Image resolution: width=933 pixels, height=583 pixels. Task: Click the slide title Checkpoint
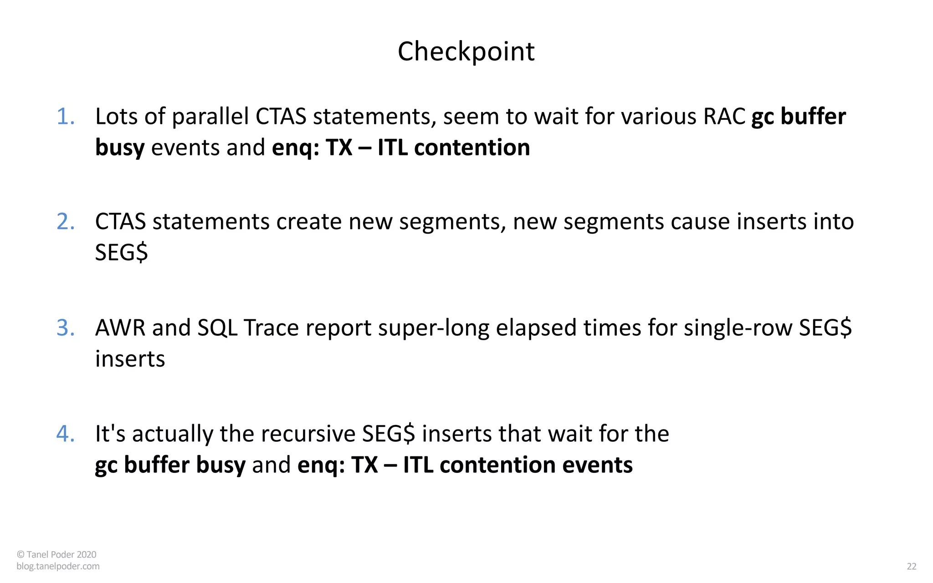[x=466, y=51]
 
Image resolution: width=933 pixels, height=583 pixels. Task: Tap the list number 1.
[x=65, y=117]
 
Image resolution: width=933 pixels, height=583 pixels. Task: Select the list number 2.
[x=65, y=222]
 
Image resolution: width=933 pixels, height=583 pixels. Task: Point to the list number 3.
[x=65, y=328]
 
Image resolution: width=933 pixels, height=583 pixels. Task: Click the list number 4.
[x=65, y=434]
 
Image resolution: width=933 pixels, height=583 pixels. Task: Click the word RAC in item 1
[x=724, y=117]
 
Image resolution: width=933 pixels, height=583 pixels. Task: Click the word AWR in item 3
[x=120, y=328]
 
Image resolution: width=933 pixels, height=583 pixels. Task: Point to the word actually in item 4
[x=173, y=434]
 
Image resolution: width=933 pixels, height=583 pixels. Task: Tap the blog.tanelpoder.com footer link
[x=58, y=566]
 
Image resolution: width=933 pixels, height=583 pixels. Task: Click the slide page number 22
[x=911, y=566]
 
